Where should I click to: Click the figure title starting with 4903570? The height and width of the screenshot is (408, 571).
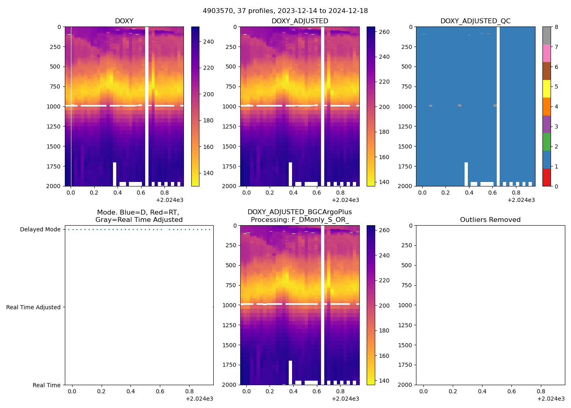(285, 11)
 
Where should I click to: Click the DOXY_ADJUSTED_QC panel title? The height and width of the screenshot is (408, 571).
(475, 21)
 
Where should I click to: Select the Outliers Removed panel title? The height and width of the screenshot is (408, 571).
(490, 220)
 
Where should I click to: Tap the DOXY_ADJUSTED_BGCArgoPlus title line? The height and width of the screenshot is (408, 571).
(299, 212)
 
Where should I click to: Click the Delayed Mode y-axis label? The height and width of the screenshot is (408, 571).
(40, 229)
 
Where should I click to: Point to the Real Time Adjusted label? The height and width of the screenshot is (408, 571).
(33, 307)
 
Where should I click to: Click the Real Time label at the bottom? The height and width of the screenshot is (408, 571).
(46, 385)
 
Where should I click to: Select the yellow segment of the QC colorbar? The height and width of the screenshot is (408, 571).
(547, 89)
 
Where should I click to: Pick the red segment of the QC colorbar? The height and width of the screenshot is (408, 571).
(547, 177)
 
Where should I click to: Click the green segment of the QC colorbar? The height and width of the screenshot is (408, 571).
(547, 142)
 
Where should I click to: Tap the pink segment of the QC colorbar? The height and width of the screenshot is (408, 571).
(547, 53)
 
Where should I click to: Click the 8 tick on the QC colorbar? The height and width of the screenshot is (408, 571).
(556, 27)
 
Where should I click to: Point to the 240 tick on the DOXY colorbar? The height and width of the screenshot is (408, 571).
(208, 42)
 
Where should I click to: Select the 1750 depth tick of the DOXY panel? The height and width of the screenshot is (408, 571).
(55, 166)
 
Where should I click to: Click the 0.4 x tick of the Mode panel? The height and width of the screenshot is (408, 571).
(131, 392)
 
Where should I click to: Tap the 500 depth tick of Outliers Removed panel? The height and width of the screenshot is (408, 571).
(407, 265)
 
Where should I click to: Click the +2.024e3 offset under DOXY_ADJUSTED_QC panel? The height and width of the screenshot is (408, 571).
(521, 200)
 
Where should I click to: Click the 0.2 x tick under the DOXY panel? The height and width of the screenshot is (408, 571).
(94, 193)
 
